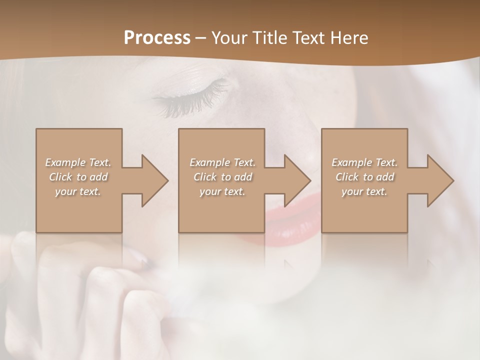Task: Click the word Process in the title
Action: [157, 37]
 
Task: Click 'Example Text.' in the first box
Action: [78, 162]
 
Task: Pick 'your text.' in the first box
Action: [78, 191]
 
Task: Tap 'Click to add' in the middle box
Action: [222, 177]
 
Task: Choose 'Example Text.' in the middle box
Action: [222, 162]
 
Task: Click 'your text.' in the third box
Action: [364, 191]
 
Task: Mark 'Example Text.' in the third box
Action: [364, 162]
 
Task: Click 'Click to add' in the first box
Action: [78, 177]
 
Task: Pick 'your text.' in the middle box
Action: [222, 191]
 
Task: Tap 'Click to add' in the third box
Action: [364, 177]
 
